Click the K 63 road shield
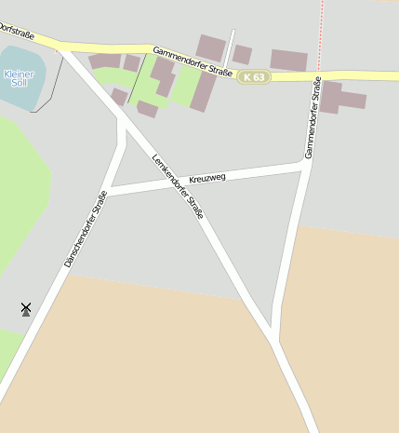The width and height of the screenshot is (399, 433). pos(253,77)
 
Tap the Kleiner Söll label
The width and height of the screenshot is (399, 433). pos(18,77)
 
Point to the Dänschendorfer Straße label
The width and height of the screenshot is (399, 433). pos(85,229)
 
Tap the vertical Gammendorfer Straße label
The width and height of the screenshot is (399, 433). pos(312,116)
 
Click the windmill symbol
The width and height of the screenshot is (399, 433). pos(26,308)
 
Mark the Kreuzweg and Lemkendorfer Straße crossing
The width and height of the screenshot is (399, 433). pos(173,183)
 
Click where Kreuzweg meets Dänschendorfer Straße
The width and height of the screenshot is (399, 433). pos(107,192)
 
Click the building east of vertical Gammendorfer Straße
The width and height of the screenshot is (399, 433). pos(340,97)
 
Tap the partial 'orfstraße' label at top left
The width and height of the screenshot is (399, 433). pos(16,34)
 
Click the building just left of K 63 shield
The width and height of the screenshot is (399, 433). pos(241,54)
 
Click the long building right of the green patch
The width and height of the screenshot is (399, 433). pos(204,91)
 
